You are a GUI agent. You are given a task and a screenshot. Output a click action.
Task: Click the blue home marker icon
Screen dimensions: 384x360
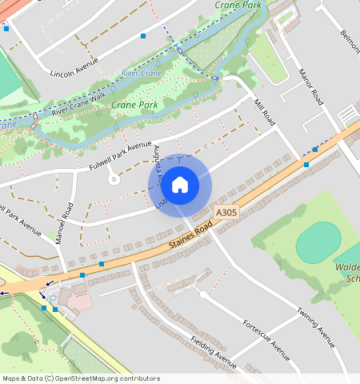point(180,185)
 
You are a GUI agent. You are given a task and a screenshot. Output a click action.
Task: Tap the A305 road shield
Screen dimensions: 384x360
point(226,213)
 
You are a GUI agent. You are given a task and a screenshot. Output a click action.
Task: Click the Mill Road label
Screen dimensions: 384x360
point(263,113)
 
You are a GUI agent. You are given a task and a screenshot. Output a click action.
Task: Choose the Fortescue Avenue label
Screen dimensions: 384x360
point(266,339)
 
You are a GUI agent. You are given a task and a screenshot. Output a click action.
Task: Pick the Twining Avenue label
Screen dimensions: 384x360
point(315,326)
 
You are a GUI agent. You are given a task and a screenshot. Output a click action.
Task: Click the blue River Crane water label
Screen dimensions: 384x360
point(141,74)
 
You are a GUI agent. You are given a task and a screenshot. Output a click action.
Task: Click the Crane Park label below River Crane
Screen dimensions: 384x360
point(134,104)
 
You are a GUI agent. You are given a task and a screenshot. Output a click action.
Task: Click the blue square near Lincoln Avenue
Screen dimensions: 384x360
point(143,35)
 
